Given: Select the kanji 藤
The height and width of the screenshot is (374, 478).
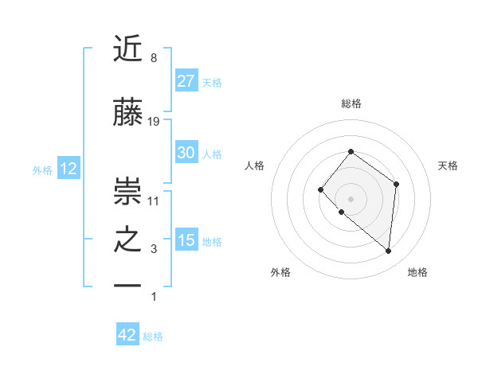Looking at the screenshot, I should (128, 113).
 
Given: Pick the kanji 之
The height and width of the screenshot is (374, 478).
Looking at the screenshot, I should (128, 240).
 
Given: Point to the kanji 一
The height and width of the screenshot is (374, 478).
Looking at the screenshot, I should (128, 286).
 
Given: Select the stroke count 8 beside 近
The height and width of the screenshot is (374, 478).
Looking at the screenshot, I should (154, 58).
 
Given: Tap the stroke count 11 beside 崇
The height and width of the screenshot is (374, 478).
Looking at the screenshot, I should (154, 201).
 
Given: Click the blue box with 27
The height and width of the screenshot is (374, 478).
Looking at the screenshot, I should (186, 81).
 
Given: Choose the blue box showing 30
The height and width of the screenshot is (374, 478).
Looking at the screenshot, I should (186, 153).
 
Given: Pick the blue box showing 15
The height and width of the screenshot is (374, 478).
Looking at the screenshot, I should (186, 240).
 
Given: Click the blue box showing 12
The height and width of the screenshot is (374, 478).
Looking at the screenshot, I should (68, 169).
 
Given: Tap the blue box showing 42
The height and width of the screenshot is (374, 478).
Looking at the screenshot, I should (127, 335).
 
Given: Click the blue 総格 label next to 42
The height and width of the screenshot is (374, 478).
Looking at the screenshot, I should (153, 337).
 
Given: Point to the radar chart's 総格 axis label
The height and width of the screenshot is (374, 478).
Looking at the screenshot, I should (351, 103).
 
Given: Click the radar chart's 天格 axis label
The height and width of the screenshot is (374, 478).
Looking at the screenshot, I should (449, 166).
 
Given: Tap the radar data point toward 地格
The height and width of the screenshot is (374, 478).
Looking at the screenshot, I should (388, 251).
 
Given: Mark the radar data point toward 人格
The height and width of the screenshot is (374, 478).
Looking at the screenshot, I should (320, 189).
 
